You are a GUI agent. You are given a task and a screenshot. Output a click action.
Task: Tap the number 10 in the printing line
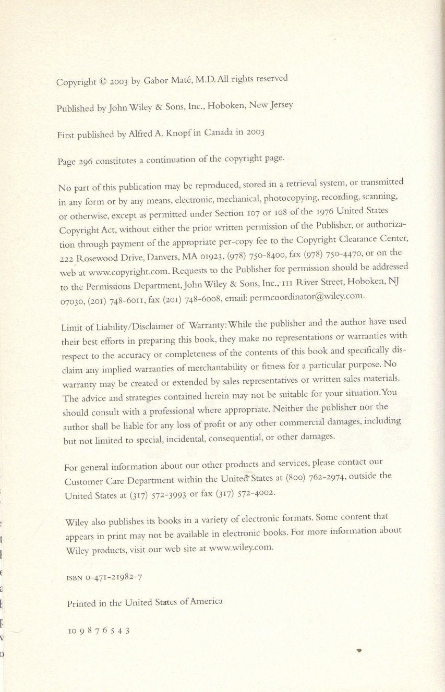[72, 630]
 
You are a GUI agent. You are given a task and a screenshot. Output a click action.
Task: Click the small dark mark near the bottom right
[359, 650]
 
